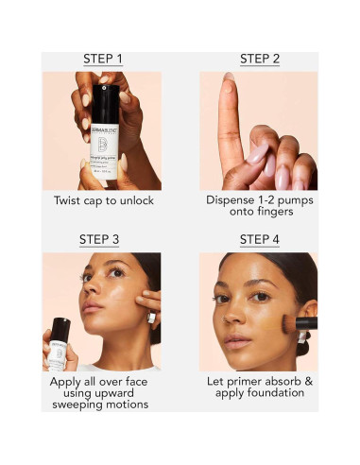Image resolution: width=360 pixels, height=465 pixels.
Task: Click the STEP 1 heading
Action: (x=103, y=60)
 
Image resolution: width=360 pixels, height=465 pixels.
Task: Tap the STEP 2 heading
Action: (x=259, y=60)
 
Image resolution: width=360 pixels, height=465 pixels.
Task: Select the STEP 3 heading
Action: (x=103, y=240)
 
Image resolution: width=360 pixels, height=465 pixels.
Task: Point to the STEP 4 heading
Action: (x=259, y=240)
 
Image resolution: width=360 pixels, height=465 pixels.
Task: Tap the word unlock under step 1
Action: (x=135, y=201)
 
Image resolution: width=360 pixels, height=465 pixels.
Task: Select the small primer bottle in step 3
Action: (x=60, y=342)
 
